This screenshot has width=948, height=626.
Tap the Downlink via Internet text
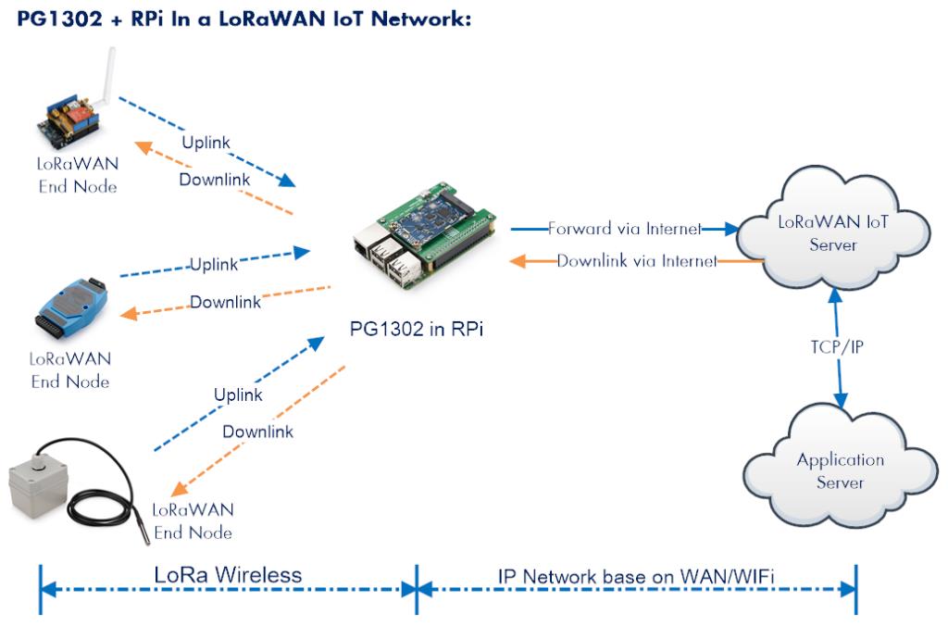pyautogui.click(x=638, y=261)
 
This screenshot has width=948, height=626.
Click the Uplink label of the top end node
pyautogui.click(x=203, y=142)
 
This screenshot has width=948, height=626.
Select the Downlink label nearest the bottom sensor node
pyautogui.click(x=258, y=432)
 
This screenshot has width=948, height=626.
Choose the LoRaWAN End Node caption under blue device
pyautogui.click(x=69, y=369)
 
